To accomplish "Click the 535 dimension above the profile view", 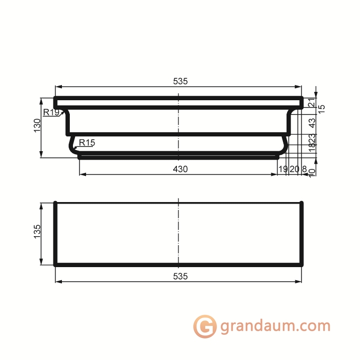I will (x=180, y=81).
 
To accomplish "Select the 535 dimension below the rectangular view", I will (x=180, y=276).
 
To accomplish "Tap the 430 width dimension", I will (x=180, y=169).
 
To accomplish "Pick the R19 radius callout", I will (x=51, y=112).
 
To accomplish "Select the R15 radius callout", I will (x=87, y=143).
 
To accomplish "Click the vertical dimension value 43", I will (x=311, y=122).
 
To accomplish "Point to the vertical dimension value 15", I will (x=322, y=108).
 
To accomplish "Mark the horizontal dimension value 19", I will (x=283, y=169).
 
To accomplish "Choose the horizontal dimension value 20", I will (x=294, y=169).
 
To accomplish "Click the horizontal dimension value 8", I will (x=304, y=169).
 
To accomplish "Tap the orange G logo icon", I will (x=205, y=326).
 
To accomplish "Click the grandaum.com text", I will (x=275, y=326).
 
